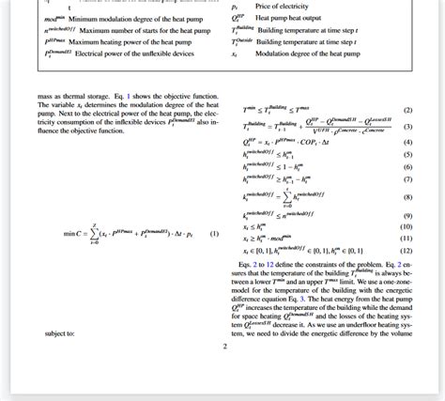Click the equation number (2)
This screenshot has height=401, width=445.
coord(407,110)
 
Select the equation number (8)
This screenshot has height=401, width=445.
coord(407,197)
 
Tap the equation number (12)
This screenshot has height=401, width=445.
coord(407,251)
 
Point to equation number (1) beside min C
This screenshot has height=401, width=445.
coord(214,233)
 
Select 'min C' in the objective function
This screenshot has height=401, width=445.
coord(72,233)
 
